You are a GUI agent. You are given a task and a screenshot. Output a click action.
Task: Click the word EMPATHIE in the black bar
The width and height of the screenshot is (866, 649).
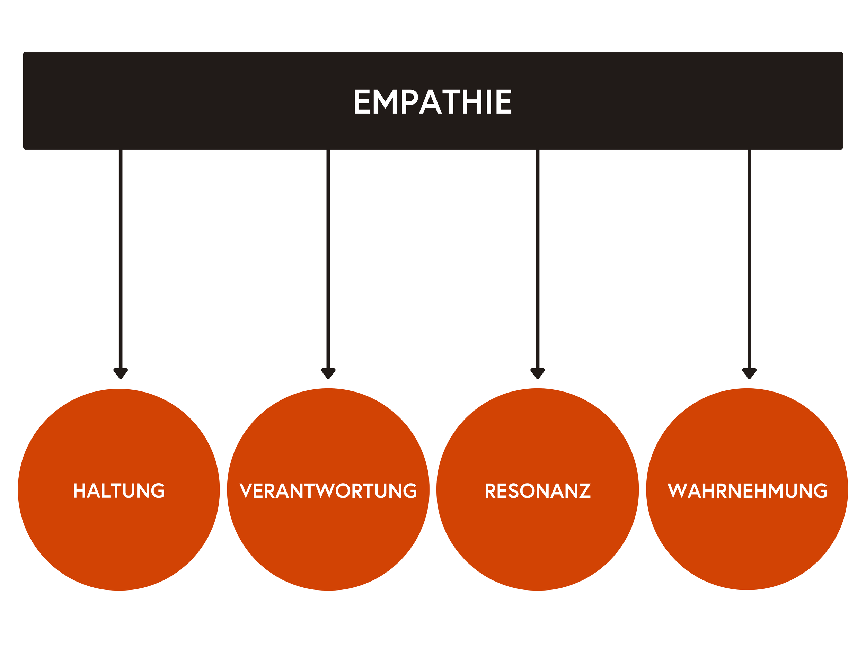(x=433, y=102)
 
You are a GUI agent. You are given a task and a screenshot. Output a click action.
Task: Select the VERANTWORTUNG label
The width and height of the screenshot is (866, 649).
(x=328, y=490)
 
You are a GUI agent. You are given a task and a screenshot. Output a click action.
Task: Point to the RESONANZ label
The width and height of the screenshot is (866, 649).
(x=538, y=490)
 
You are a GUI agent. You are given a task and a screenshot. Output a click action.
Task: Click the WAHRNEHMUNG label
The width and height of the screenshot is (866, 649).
(x=747, y=490)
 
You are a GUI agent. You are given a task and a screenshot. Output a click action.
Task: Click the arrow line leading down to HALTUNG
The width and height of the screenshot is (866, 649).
(x=121, y=258)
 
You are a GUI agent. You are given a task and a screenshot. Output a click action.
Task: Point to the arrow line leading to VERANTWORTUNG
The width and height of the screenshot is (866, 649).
(x=328, y=258)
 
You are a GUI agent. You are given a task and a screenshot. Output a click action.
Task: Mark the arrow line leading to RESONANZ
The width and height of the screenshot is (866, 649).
(x=538, y=258)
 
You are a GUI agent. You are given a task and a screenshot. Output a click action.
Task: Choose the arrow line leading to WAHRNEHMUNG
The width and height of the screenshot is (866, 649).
(x=749, y=258)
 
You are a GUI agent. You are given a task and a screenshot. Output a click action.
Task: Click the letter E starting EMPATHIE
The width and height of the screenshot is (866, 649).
(x=362, y=102)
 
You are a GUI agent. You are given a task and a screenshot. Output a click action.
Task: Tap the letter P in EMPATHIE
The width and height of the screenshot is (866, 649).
(x=409, y=102)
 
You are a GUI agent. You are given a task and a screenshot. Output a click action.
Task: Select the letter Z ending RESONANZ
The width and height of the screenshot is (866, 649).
(x=585, y=490)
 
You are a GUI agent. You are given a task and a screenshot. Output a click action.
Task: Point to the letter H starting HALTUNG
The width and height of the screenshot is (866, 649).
(x=79, y=490)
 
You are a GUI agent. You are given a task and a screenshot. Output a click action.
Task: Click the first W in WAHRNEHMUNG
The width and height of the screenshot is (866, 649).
(x=677, y=490)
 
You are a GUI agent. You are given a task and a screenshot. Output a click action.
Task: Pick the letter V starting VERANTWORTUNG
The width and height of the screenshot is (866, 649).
(x=246, y=490)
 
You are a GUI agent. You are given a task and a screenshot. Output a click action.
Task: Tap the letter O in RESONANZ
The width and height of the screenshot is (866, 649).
(x=528, y=490)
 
